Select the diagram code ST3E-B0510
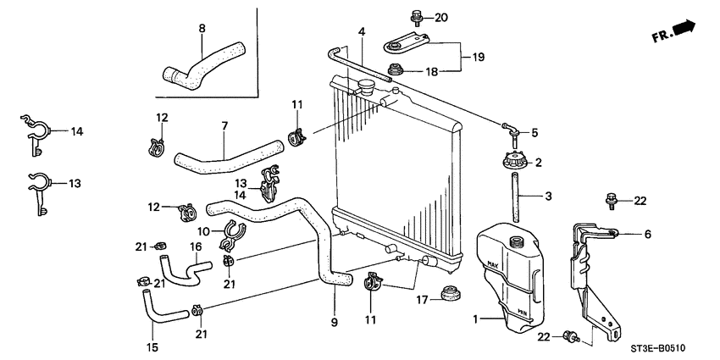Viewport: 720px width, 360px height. [x=656, y=347]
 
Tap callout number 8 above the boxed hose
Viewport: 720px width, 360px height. [x=202, y=28]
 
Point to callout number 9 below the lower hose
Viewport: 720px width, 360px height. [x=334, y=322]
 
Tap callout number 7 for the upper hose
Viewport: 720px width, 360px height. [x=224, y=127]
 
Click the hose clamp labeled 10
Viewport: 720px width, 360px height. [x=234, y=232]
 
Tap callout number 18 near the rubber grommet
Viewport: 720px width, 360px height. [x=432, y=72]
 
